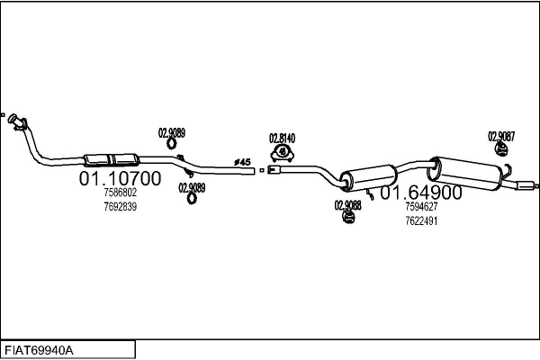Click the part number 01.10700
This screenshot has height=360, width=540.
(x=120, y=179)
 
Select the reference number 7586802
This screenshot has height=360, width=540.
(x=120, y=193)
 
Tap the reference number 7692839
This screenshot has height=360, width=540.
(x=120, y=206)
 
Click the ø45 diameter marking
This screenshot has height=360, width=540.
(x=242, y=162)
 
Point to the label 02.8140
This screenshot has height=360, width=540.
(x=282, y=138)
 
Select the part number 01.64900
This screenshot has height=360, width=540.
(x=420, y=193)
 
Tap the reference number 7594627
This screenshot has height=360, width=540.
(x=420, y=206)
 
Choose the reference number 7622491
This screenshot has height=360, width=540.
(x=420, y=220)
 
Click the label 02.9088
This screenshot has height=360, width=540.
(x=347, y=204)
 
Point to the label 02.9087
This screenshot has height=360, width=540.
(x=501, y=137)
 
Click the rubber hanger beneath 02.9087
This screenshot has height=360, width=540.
(x=500, y=150)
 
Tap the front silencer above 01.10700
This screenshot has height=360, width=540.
(x=111, y=159)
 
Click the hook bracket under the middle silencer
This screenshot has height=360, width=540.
(x=370, y=193)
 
